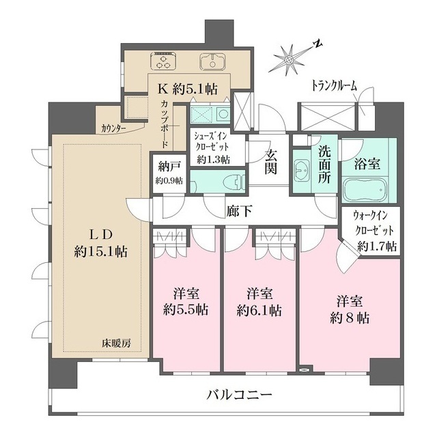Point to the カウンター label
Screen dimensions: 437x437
pyautogui.click(x=117, y=128)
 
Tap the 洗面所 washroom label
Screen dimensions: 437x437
pyautogui.click(x=324, y=166)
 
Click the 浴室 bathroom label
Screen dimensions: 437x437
pyautogui.click(x=369, y=164)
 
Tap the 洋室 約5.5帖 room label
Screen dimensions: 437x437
pyautogui.click(x=186, y=302)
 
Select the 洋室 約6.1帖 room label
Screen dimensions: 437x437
pyautogui.click(x=259, y=302)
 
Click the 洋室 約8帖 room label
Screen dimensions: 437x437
pyautogui.click(x=348, y=309)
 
